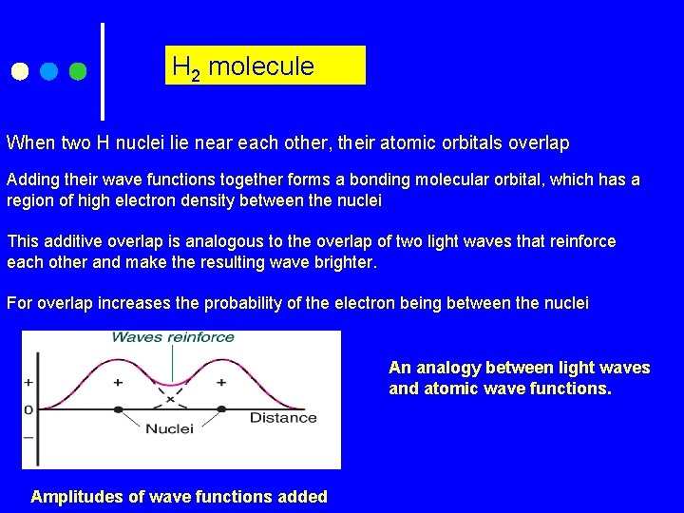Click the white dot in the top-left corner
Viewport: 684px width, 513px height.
pos(19,71)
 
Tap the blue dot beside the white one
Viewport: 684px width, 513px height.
pos(49,71)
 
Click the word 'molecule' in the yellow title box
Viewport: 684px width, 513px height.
pos(260,66)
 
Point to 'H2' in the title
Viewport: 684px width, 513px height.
pos(185,67)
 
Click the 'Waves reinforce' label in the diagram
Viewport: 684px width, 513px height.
pos(173,337)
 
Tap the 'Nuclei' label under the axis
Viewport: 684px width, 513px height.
pos(169,428)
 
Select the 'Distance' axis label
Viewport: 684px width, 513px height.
pos(283,417)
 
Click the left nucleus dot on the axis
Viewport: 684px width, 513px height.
pos(118,409)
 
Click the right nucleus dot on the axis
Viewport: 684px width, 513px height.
pos(221,409)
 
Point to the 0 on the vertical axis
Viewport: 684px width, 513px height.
pos(28,409)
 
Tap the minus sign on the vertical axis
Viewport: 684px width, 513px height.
pos(28,437)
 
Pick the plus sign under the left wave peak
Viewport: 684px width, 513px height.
pos(118,382)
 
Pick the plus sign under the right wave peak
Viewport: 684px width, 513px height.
pos(221,382)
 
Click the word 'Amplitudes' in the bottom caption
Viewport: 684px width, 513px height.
pos(79,496)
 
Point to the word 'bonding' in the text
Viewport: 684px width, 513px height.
pos(378,180)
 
